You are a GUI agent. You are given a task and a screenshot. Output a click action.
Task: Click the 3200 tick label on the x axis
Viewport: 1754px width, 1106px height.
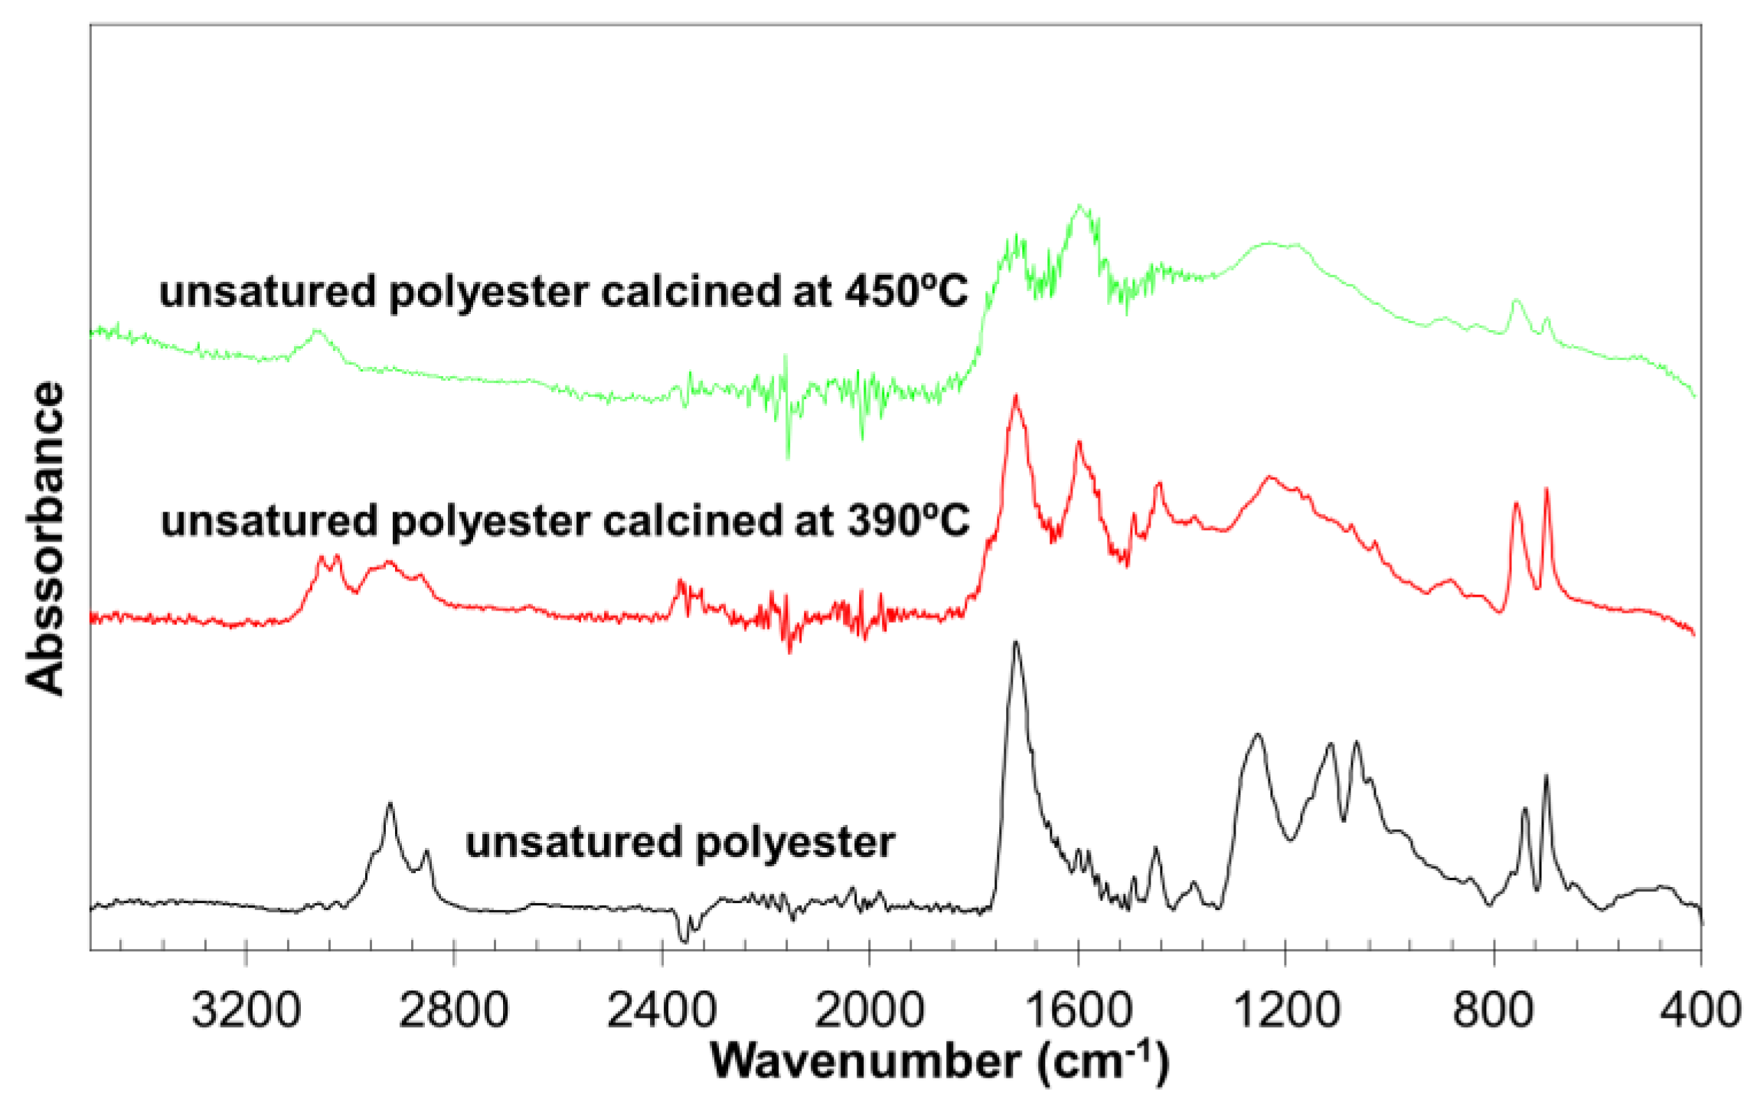coord(245,1010)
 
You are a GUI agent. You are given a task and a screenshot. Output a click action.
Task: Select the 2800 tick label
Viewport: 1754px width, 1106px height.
coord(453,1010)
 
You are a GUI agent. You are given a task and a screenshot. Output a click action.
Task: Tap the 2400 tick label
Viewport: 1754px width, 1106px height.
coord(661,1010)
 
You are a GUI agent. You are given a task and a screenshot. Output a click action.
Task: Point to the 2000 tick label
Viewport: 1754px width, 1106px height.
coord(869,1010)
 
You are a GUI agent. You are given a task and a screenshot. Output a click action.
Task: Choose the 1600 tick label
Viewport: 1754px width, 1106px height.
coord(1078,1010)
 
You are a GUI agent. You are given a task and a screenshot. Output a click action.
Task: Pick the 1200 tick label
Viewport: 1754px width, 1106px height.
coord(1285,1010)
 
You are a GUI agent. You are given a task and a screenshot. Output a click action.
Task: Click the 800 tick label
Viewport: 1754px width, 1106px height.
coord(1494,1010)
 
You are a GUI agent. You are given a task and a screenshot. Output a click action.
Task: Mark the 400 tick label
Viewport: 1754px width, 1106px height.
coord(1701,1010)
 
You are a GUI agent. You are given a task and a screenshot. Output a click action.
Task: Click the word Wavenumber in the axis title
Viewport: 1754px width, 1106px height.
coord(865,1062)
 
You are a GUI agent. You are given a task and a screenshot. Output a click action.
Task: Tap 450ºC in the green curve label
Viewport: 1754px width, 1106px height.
coord(906,292)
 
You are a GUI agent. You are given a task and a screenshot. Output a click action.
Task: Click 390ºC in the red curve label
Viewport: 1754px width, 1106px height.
coord(908,521)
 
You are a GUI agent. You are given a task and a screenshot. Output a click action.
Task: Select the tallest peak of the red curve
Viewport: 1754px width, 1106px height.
coord(1016,396)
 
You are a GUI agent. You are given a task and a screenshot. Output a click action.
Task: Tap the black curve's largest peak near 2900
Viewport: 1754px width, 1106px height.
coord(390,803)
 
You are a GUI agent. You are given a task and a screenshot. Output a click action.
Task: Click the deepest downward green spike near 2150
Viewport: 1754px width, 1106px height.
coord(788,456)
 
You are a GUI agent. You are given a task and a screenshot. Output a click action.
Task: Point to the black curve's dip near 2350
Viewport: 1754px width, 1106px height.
coord(684,941)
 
